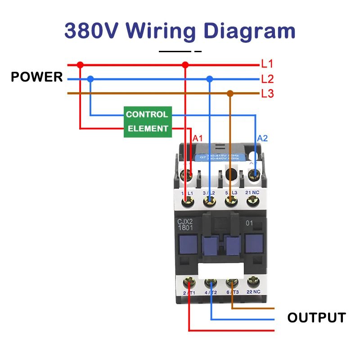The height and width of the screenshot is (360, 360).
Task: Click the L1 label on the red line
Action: click(x=267, y=64)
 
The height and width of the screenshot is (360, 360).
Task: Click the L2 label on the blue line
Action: click(x=267, y=79)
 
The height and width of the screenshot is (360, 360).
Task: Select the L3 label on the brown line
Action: click(x=267, y=94)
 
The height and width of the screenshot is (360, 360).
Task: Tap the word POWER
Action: click(x=37, y=77)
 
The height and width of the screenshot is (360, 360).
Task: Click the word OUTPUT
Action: click(x=317, y=318)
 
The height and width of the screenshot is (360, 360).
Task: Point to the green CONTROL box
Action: click(x=147, y=114)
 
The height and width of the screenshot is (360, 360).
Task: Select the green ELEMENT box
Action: click(x=147, y=129)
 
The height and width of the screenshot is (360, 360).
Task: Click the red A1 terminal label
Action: click(x=198, y=138)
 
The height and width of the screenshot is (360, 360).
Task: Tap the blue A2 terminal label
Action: click(x=262, y=138)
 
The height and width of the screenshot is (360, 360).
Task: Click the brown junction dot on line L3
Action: click(x=230, y=94)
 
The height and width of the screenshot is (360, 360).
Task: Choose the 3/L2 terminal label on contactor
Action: click(x=209, y=193)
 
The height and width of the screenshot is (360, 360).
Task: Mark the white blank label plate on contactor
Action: click(x=221, y=271)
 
